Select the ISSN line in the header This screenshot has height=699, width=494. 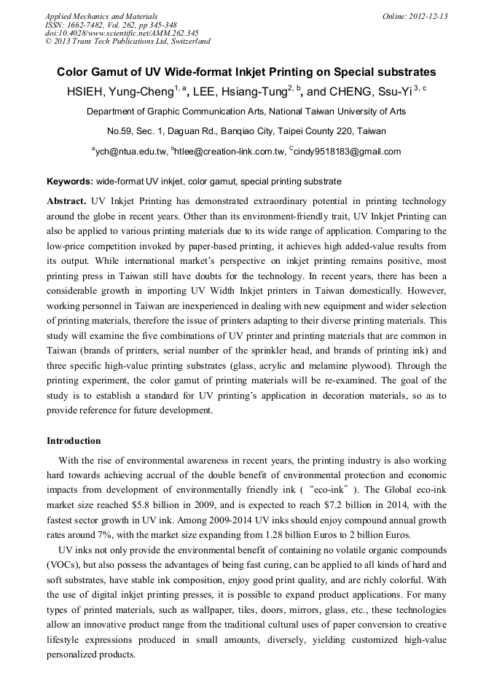110,24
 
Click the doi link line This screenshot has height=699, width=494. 122,33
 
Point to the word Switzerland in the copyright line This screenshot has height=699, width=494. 187,42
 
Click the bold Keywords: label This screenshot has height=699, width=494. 70,181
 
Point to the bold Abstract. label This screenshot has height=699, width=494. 67,200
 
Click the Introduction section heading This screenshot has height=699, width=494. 74,441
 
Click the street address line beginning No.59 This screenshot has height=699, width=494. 246,131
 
